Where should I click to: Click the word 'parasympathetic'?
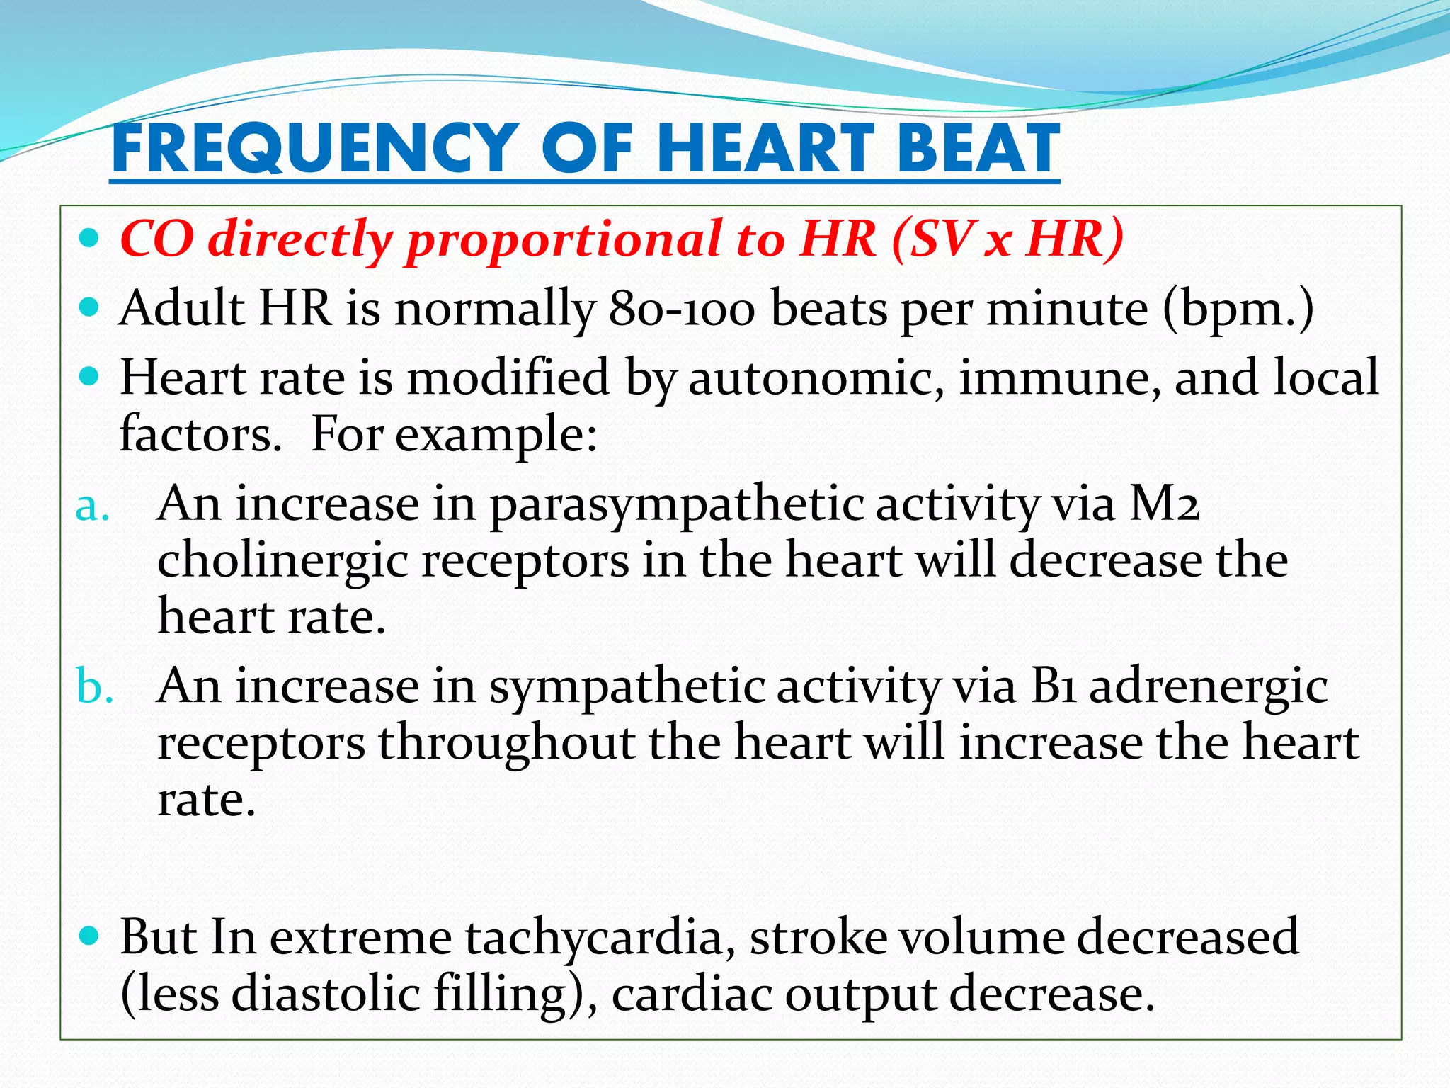(x=676, y=506)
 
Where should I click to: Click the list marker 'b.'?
(x=94, y=687)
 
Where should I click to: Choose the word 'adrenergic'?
(x=1208, y=688)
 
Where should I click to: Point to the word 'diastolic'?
(x=326, y=994)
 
